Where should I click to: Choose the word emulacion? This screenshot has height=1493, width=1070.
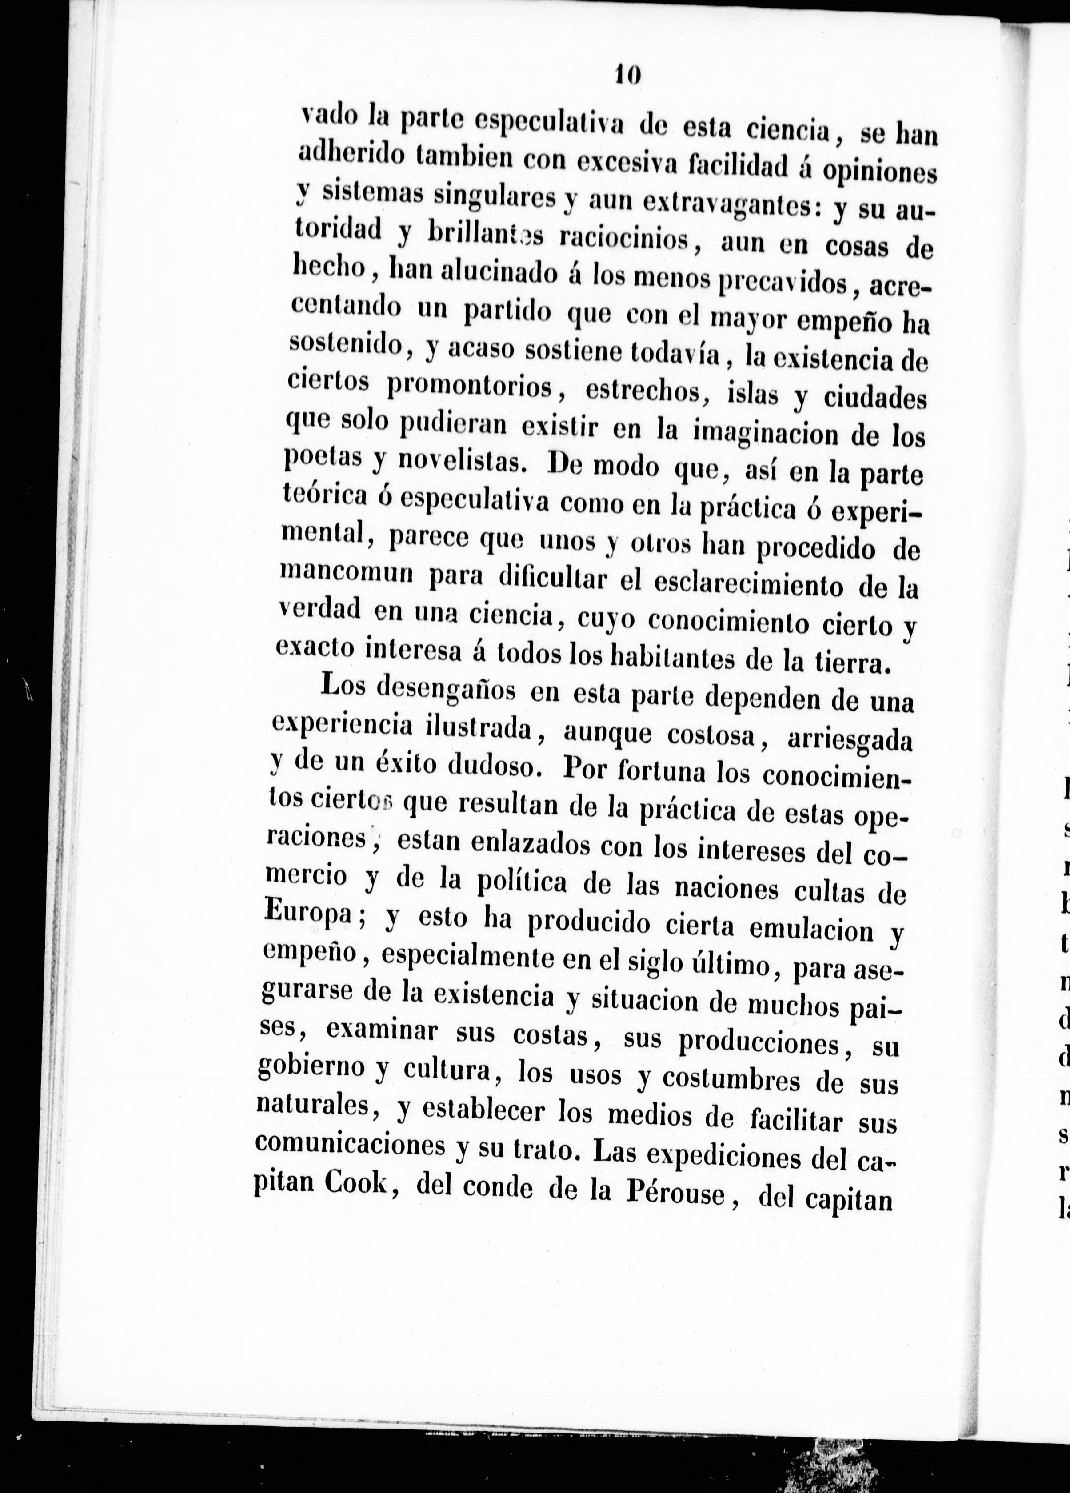(x=801, y=930)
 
